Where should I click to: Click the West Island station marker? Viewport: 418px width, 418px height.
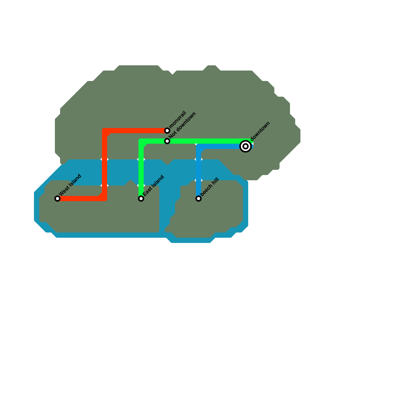point(57,199)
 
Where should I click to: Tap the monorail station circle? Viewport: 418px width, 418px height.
point(167,131)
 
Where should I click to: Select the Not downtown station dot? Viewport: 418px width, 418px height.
point(167,141)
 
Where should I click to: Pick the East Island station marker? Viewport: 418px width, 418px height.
point(141,199)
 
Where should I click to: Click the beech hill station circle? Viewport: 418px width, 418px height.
point(199,199)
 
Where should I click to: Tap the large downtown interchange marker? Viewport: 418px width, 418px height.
point(246,146)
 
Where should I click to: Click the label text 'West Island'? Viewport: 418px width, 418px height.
point(70,185)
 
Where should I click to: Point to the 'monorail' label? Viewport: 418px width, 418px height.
point(178,119)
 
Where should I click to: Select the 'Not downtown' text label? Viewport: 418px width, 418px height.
point(182,126)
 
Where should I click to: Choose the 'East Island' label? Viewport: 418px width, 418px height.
point(153,185)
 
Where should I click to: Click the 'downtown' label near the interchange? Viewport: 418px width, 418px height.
point(260,131)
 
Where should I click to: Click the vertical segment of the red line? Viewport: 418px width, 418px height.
point(104,165)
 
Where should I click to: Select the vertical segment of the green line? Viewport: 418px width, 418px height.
point(141,170)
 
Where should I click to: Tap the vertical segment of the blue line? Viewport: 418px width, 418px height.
point(199,172)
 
